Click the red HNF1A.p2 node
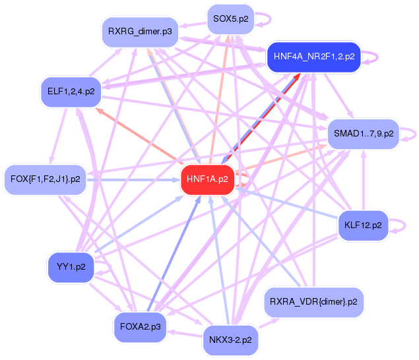click(x=208, y=179)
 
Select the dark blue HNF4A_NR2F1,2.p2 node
click(x=314, y=57)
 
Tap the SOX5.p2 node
click(x=231, y=19)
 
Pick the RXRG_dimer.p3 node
click(x=140, y=32)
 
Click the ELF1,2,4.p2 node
click(x=71, y=92)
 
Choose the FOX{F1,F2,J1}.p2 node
click(x=45, y=179)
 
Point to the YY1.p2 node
click(x=71, y=267)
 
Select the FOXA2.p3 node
click(x=141, y=327)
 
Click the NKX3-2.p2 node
click(x=230, y=340)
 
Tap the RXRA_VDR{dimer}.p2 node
click(x=313, y=302)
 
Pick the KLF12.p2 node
click(x=363, y=225)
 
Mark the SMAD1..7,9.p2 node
click(x=364, y=134)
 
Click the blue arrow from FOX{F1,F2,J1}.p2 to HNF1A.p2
click(x=133, y=180)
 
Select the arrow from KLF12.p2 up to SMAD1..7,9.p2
click(x=364, y=180)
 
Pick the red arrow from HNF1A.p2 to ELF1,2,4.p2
click(x=139, y=136)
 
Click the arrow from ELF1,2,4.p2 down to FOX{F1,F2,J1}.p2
click(x=58, y=136)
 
